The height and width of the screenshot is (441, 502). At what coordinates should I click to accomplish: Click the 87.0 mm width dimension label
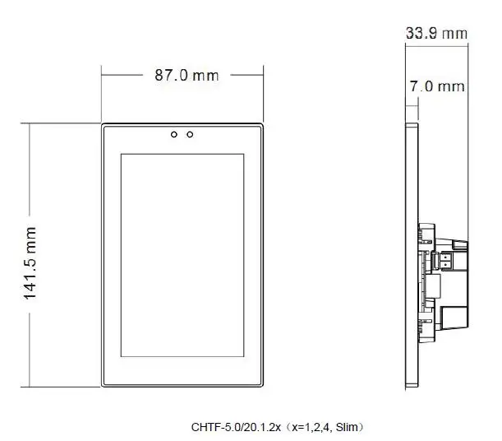coord(187,75)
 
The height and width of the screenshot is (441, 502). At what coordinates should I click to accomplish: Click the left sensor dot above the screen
coord(174,133)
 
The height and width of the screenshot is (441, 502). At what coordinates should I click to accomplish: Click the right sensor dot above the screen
coord(190,133)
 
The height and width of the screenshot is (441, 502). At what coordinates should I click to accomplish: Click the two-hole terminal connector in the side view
coord(445,259)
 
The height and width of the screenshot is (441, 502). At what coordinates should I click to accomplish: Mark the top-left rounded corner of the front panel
coord(104,127)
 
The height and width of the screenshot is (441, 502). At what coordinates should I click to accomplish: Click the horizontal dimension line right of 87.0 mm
coord(244,75)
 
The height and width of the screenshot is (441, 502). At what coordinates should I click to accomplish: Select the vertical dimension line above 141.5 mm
coord(30,173)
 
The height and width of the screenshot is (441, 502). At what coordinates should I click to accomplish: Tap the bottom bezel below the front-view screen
coord(182,373)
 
